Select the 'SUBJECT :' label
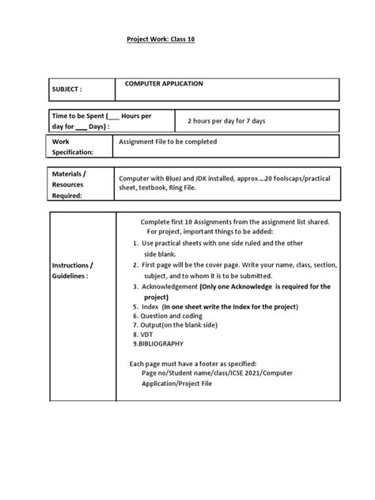click(x=69, y=90)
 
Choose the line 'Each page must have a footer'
click(x=195, y=364)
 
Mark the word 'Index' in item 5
click(x=150, y=305)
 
